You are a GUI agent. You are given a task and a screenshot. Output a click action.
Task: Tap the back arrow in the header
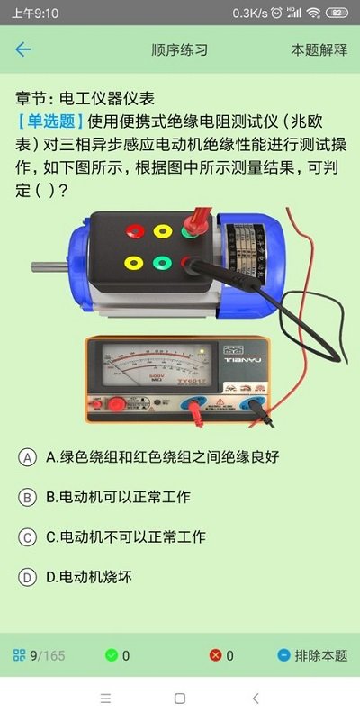coord(22,49)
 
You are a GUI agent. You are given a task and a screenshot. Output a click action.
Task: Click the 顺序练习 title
coord(180,50)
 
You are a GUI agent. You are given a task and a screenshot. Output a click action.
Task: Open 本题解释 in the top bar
coord(319,50)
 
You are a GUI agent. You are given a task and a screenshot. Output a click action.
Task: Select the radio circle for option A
coord(28,457)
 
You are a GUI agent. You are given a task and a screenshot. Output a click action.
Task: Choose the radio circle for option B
coord(28,497)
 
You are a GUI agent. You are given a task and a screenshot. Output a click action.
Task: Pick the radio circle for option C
coord(28,537)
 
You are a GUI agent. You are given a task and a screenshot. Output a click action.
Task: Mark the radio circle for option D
coord(28,577)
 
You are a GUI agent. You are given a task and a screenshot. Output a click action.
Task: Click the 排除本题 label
coord(320,655)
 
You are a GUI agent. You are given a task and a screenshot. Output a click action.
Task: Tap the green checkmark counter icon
coord(112,655)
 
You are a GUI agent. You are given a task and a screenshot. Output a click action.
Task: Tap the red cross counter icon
coord(215,655)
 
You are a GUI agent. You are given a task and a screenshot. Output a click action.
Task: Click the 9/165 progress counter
coord(47,655)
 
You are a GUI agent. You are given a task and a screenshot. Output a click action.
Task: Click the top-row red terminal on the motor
coord(136,231)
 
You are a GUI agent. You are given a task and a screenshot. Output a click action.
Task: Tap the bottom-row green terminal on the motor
coord(162,264)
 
